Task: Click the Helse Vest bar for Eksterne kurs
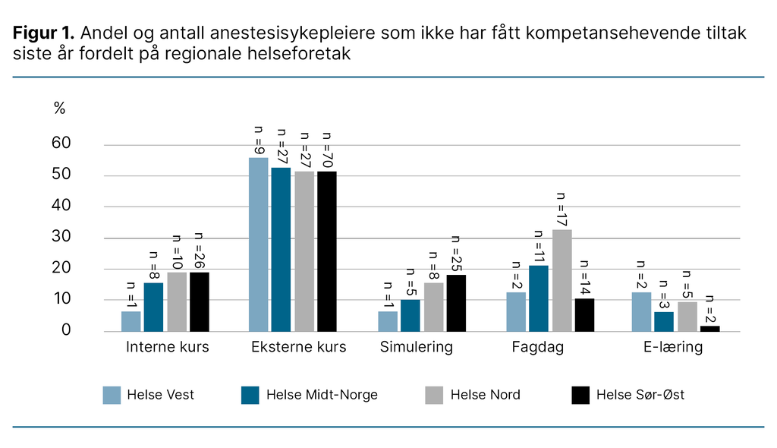point(259,245)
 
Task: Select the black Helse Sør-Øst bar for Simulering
point(455,303)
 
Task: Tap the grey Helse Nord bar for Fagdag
point(562,280)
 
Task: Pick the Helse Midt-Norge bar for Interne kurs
point(153,307)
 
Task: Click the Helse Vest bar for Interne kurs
point(131,321)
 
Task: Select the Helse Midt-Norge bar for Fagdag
point(539,298)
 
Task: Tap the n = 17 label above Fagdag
point(562,208)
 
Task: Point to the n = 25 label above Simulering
point(456,254)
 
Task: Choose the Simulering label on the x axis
point(417,348)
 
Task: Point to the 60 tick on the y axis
point(61,144)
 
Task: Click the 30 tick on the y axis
point(61,237)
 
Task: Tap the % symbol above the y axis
point(59,108)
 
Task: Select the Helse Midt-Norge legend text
point(322,395)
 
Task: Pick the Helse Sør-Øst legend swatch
point(580,395)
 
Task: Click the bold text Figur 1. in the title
point(43,33)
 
